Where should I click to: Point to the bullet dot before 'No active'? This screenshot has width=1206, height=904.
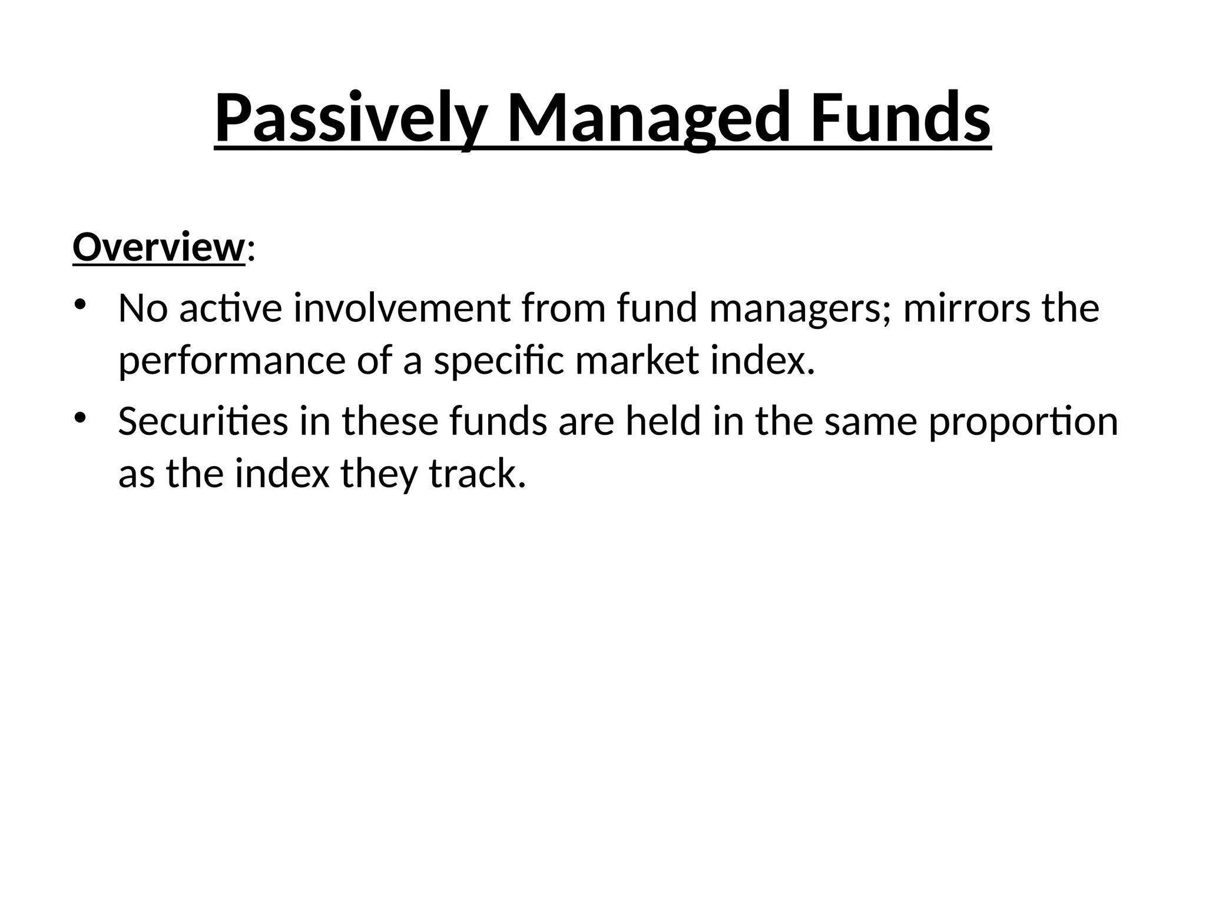click(x=81, y=305)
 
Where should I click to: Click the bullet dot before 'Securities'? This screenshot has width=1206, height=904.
click(x=81, y=418)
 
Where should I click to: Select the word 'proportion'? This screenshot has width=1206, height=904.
click(x=1023, y=423)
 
